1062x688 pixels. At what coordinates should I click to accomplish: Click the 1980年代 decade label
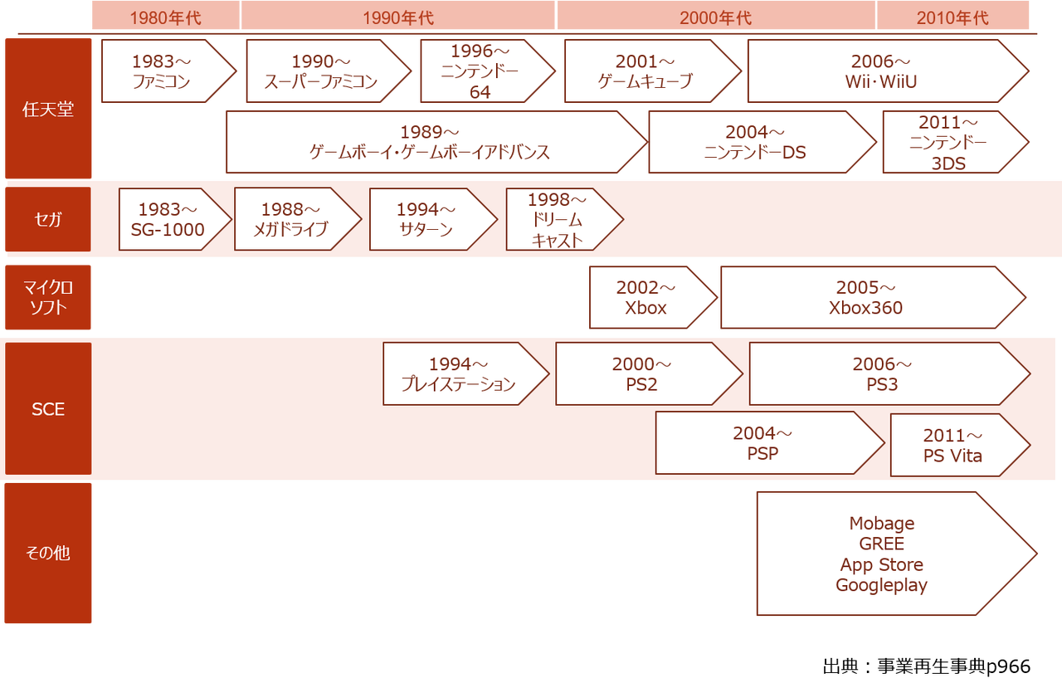pos(165,17)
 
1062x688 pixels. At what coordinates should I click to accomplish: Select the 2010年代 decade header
pos(952,17)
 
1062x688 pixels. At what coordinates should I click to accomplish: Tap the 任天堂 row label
pos(48,109)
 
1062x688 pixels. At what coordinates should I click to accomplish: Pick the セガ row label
pos(48,220)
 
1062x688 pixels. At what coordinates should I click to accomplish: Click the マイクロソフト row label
pos(48,297)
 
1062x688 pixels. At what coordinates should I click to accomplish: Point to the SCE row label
pos(48,409)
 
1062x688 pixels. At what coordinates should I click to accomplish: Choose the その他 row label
pos(48,553)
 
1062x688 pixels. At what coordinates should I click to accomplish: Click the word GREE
pos(881,544)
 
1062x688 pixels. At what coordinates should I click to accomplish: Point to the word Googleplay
pos(881,585)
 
